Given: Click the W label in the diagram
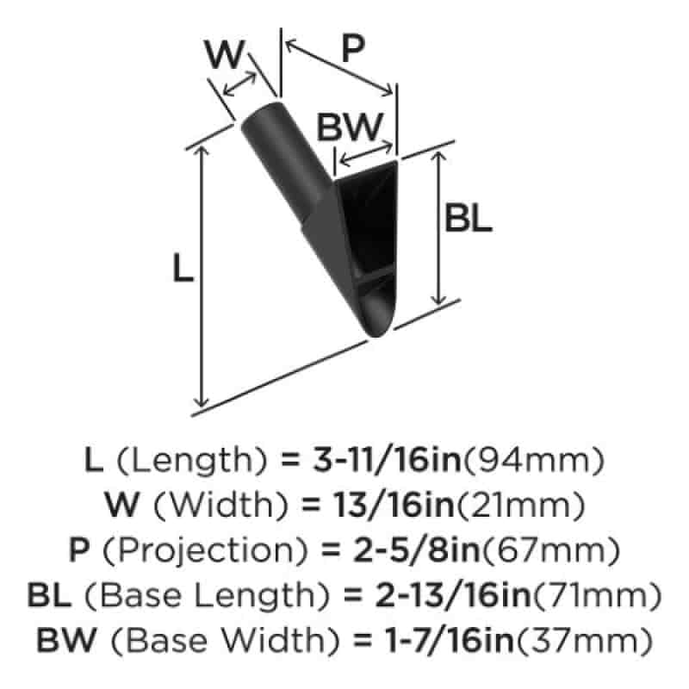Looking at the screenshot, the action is pyautogui.click(x=224, y=54).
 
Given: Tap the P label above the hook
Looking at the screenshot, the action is pyautogui.click(x=352, y=48).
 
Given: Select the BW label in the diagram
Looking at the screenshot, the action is pyautogui.click(x=350, y=127).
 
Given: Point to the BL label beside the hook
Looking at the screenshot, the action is pyautogui.click(x=468, y=218).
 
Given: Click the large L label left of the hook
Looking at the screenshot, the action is pyautogui.click(x=183, y=268).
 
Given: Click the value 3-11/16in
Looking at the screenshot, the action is pyautogui.click(x=387, y=460).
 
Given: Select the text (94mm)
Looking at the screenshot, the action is pyautogui.click(x=534, y=460).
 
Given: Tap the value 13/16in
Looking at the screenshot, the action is pyautogui.click(x=394, y=505).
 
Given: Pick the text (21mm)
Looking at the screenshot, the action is pyautogui.click(x=521, y=505).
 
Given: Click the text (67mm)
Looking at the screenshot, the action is pyautogui.click(x=550, y=550).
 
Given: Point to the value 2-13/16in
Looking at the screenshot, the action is pyautogui.click(x=453, y=595).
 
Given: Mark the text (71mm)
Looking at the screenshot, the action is pyautogui.click(x=597, y=595).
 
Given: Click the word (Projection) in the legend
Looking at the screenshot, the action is pyautogui.click(x=204, y=551).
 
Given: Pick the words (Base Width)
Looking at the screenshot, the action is pyautogui.click(x=225, y=640).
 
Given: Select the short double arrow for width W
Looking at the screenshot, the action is pyautogui.click(x=239, y=84).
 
